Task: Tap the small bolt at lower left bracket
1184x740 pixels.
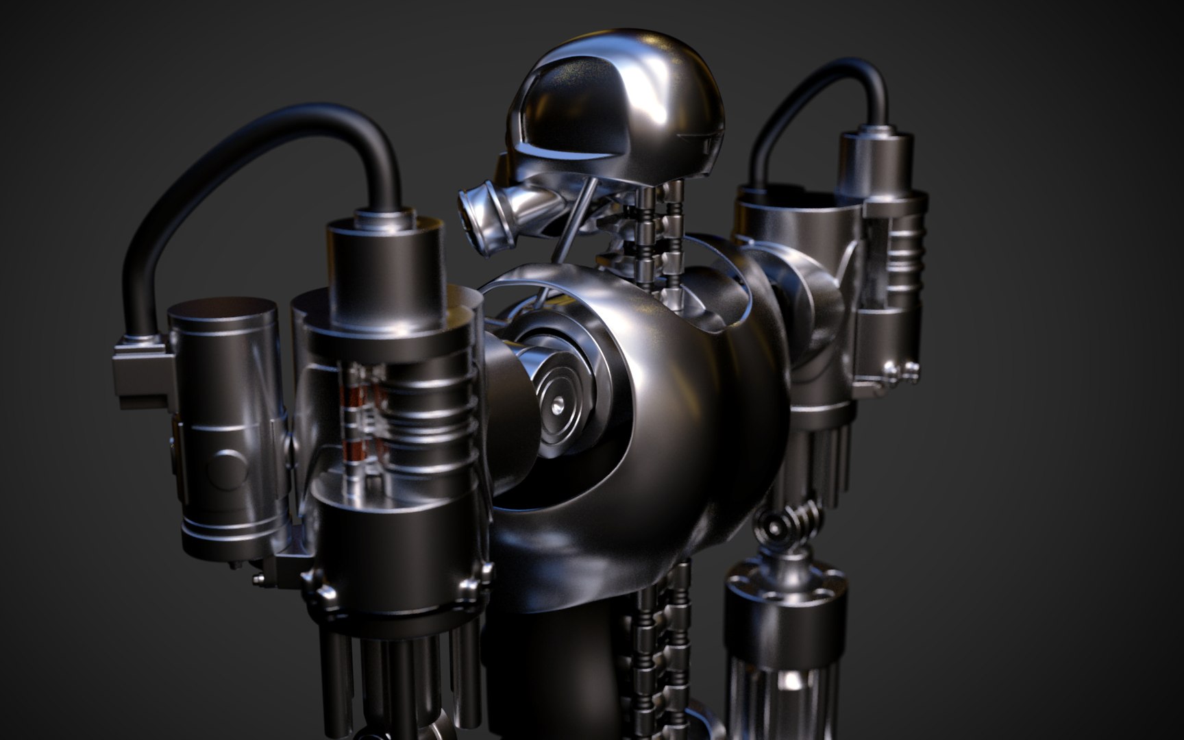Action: (x=258, y=580)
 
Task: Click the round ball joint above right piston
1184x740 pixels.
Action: (x=778, y=528)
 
